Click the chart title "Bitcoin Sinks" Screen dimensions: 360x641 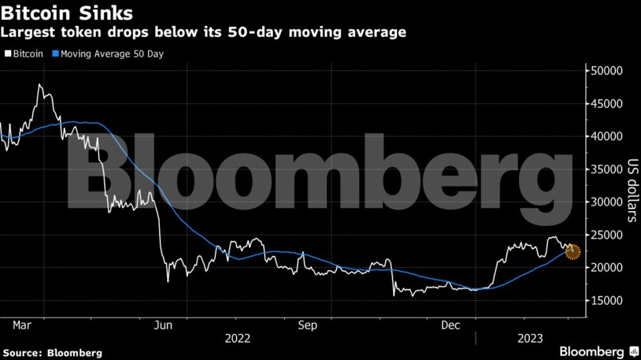66,13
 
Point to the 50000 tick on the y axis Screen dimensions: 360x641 607,71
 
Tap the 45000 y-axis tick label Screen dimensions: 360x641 607,104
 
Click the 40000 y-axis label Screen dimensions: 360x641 607,136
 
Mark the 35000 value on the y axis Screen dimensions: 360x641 607,169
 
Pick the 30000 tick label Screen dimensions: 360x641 607,202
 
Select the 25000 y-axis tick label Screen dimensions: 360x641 607,235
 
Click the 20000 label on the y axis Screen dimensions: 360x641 607,268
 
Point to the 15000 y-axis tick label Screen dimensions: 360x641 607,300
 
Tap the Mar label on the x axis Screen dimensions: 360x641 22,324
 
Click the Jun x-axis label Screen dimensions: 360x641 163,324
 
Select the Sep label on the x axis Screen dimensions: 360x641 307,324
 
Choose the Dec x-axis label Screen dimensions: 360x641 450,324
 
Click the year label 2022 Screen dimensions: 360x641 239,338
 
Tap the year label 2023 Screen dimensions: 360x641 528,338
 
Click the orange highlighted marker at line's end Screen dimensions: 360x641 572,252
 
